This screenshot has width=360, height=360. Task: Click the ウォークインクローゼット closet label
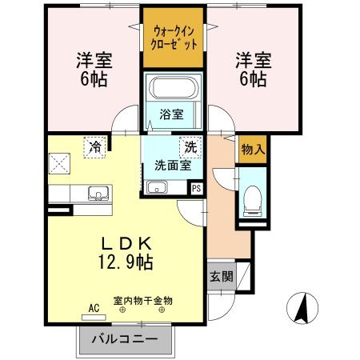(x=174, y=37)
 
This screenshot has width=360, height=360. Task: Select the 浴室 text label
(x=170, y=114)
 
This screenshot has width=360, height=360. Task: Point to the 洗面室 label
(x=171, y=166)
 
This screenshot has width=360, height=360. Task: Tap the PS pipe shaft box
(x=196, y=188)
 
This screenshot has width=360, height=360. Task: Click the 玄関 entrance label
(x=222, y=277)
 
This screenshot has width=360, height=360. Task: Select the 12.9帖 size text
(x=126, y=261)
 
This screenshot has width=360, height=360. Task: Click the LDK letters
(x=126, y=242)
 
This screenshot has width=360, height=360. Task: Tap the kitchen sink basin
(x=98, y=192)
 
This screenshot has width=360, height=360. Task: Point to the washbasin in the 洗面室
(x=156, y=189)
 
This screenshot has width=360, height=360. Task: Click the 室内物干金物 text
(x=142, y=300)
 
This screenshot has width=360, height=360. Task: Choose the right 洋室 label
(x=251, y=59)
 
